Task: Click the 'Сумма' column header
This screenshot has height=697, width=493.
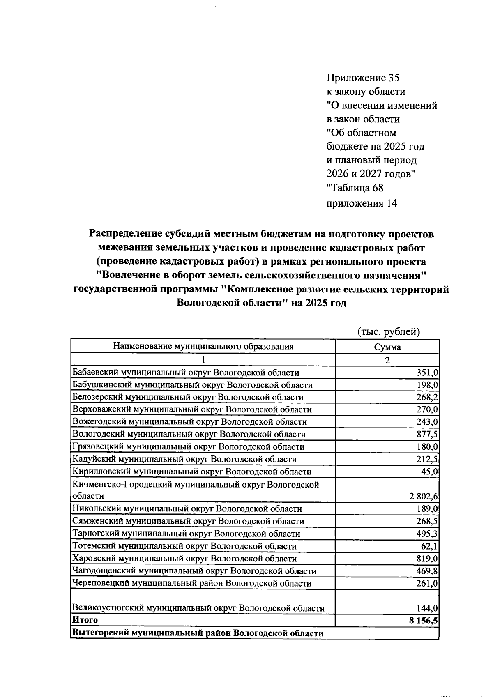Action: [x=387, y=347]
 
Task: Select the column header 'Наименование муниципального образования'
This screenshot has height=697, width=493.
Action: [x=203, y=346]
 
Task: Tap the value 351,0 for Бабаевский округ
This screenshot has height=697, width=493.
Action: [x=428, y=373]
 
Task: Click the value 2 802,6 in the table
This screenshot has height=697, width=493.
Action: [x=424, y=497]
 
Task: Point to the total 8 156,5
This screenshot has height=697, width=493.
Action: [x=423, y=621]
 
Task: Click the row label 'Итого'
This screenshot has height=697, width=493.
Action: [x=85, y=620]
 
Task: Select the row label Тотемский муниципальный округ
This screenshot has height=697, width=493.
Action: [x=184, y=547]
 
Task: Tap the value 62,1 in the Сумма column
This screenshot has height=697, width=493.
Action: [x=430, y=547]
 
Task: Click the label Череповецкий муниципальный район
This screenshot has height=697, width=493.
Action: [x=191, y=584]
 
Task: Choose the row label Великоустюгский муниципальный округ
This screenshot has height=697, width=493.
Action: [x=198, y=608]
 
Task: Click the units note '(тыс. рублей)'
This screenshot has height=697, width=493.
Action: [x=388, y=332]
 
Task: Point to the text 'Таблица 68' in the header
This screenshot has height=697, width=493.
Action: [x=355, y=188]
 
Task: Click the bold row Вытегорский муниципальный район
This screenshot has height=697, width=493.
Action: [x=198, y=633]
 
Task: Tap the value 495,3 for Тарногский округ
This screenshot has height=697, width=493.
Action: [x=428, y=534]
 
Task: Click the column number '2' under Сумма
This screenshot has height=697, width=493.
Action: [x=387, y=360]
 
